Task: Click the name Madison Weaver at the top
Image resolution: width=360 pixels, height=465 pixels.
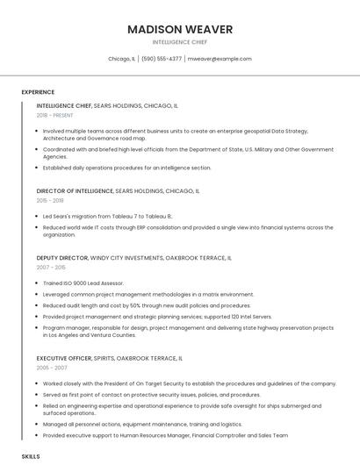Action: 180,29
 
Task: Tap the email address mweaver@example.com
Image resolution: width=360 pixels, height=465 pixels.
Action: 219,59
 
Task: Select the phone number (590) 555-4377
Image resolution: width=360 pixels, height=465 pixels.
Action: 162,59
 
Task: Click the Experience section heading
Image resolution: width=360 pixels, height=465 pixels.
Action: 38,92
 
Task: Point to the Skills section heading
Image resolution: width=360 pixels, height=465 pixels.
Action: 31,457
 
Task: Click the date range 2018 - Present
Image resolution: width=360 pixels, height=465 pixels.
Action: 54,115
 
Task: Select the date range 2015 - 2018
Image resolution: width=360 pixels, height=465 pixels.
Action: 50,200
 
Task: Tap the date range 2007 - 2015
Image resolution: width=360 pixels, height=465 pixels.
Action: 51,268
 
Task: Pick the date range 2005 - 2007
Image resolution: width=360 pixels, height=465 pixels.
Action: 51,368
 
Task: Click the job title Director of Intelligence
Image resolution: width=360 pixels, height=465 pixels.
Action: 76,190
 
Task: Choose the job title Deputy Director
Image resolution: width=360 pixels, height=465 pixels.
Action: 62,258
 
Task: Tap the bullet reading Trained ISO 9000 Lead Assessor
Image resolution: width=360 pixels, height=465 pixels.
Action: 84,283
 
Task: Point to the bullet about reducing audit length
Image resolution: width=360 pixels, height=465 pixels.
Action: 135,305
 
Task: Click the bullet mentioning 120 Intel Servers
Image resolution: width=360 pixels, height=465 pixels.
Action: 157,317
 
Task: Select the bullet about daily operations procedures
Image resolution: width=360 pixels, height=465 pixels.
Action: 126,168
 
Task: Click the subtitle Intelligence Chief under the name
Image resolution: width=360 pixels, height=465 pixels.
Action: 180,42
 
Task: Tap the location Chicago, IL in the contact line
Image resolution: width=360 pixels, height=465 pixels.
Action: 121,59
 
